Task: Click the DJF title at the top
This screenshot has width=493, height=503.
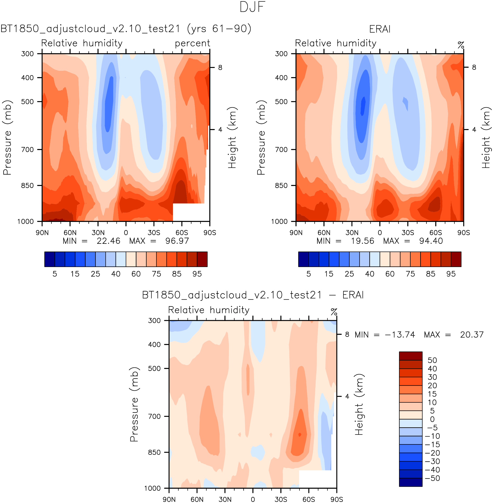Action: [x=253, y=7]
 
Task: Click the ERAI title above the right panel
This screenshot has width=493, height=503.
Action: [x=380, y=29]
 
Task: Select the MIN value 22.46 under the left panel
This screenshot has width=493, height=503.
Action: [x=108, y=241]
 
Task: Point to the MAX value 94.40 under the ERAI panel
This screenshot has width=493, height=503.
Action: [x=431, y=241]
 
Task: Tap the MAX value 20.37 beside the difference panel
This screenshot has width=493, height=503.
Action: [x=472, y=335]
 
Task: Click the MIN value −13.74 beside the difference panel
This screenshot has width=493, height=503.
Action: [x=400, y=335]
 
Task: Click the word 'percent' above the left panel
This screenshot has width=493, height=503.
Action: [x=192, y=43]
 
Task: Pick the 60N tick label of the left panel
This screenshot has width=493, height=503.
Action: [x=70, y=232]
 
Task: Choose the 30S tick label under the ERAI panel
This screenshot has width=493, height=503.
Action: [x=407, y=232]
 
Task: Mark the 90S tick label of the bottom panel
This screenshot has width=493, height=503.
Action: [x=337, y=499]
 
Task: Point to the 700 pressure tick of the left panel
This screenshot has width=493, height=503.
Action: [x=27, y=149]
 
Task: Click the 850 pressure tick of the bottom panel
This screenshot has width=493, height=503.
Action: [x=154, y=453]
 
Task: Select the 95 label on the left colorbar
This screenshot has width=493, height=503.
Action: [x=197, y=274]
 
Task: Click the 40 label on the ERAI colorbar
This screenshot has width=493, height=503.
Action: [x=370, y=274]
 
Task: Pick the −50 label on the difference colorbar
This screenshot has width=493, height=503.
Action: [x=432, y=478]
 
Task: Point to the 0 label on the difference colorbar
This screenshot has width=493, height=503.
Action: [x=432, y=419]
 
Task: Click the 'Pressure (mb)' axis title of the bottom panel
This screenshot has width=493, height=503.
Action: [x=134, y=404]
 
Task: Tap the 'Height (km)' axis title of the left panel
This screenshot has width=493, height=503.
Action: [x=232, y=138]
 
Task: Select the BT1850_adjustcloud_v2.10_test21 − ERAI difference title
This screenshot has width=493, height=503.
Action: [x=253, y=295]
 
